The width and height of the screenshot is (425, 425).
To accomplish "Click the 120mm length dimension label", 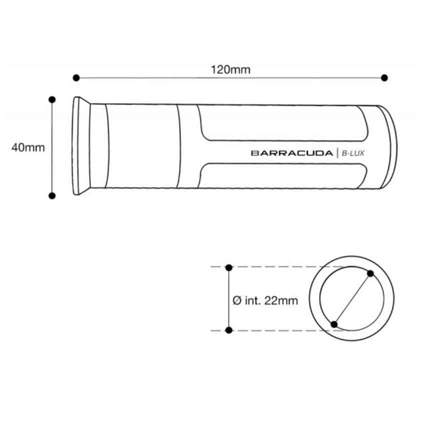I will click(x=230, y=69).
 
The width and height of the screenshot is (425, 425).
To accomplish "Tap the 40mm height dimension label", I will click(x=28, y=147).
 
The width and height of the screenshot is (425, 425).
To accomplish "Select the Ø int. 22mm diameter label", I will click(x=265, y=300).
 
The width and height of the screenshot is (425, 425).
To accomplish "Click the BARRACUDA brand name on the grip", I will click(x=292, y=153).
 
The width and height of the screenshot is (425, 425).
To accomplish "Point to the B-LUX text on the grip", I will click(x=353, y=153).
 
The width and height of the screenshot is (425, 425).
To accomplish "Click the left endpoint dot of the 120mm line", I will click(x=76, y=77).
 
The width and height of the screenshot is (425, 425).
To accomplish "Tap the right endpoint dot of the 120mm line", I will click(x=384, y=77).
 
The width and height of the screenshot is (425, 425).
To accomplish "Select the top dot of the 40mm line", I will click(x=52, y=99).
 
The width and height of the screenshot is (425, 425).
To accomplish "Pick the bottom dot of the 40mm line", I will click(x=52, y=195).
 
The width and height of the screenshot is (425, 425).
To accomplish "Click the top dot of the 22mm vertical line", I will click(x=229, y=267).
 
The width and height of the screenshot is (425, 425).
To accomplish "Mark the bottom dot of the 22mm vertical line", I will click(x=229, y=330).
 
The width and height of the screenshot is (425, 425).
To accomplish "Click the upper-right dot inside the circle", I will click(x=370, y=273).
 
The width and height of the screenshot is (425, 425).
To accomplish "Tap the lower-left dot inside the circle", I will click(x=334, y=324).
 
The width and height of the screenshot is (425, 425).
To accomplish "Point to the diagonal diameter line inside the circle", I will click(x=352, y=299).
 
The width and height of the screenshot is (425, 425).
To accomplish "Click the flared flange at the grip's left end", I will click(x=81, y=146).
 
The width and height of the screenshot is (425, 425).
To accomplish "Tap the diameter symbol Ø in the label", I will click(x=237, y=300).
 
